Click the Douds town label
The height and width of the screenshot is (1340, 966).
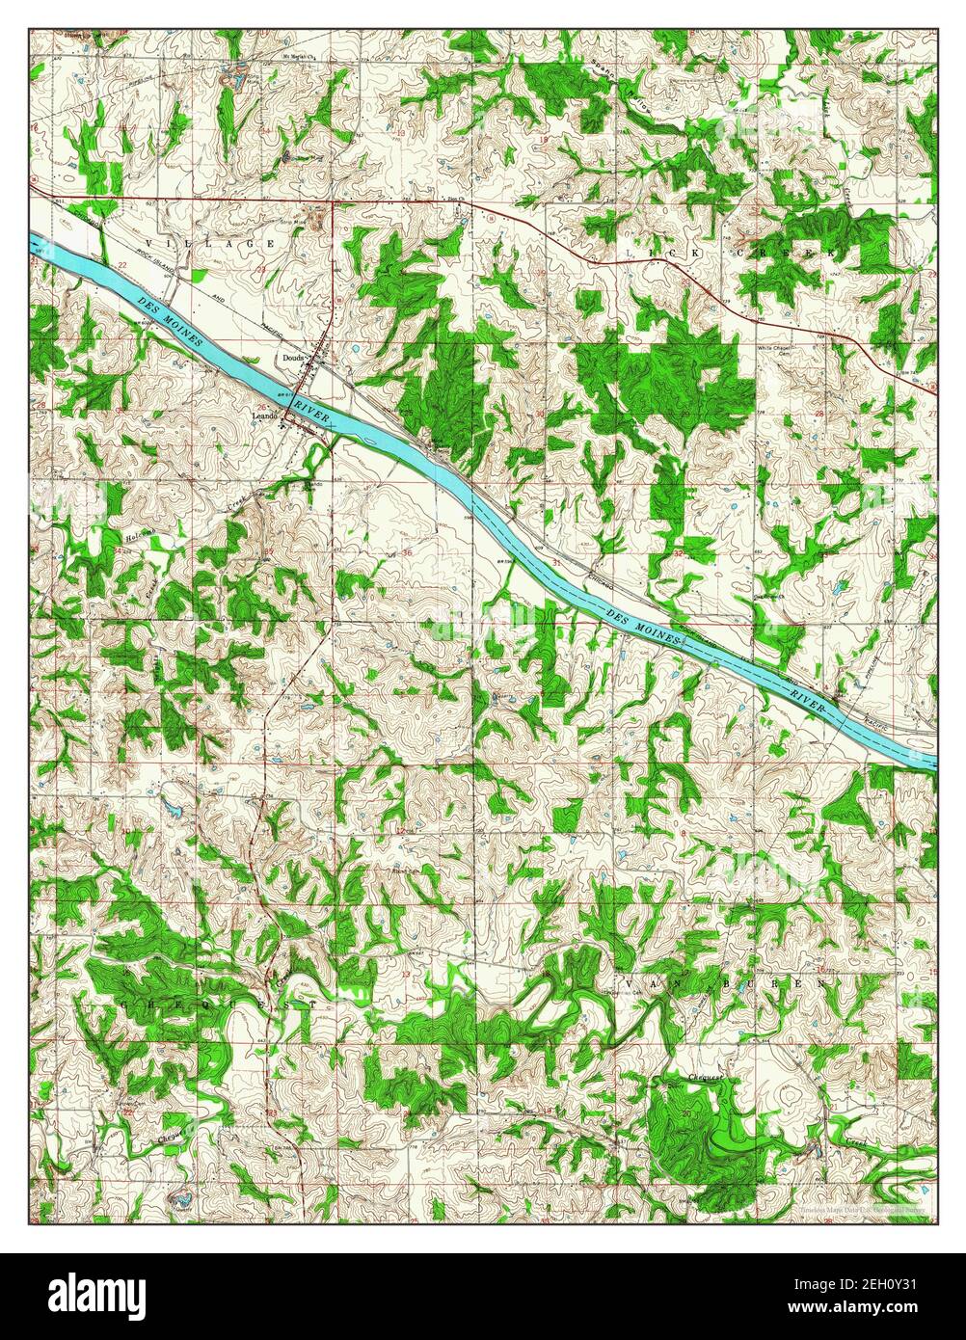(x=293, y=358)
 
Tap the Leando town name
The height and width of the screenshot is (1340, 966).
(x=265, y=415)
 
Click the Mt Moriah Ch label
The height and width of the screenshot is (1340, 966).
(x=302, y=56)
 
